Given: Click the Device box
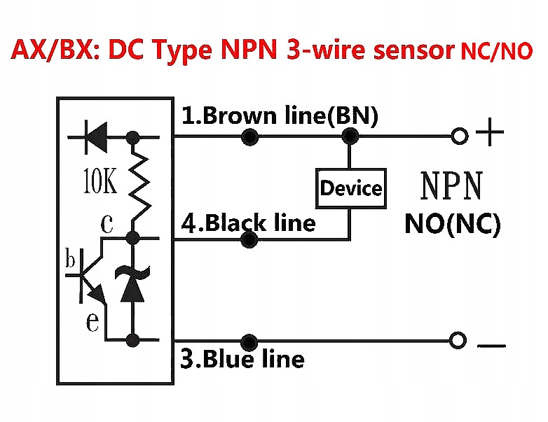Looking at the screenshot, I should (351, 188).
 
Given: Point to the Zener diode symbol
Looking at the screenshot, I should (132, 284).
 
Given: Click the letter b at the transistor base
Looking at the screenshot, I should (70, 260).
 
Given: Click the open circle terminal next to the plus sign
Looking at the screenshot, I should (459, 137).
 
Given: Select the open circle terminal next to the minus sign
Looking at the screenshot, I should (459, 341).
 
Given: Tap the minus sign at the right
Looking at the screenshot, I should (493, 344).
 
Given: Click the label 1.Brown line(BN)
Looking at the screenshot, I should (280, 116).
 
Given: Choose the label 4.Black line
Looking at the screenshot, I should (249, 223).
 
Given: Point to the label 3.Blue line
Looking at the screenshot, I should (243, 359).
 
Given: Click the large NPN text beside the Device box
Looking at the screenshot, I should (451, 187).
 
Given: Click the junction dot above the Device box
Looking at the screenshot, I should (350, 137).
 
